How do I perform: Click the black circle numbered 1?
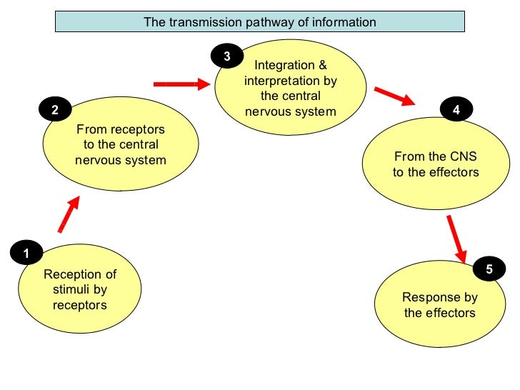click(x=26, y=253)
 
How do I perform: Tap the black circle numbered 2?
click(x=54, y=110)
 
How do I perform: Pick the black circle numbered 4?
click(x=456, y=110)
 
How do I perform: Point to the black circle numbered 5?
click(x=489, y=269)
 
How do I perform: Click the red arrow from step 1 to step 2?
click(x=69, y=214)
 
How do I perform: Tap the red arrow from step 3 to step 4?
click(x=395, y=96)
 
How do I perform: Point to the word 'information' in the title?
click(x=346, y=22)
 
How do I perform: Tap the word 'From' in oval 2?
click(x=91, y=130)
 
